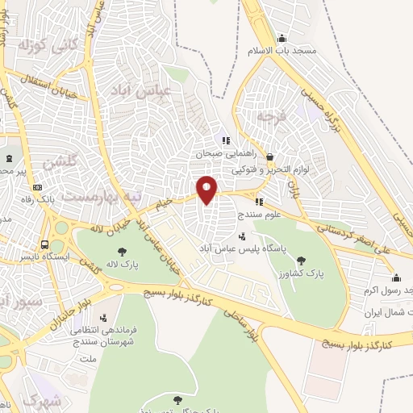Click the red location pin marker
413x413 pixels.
[x=207, y=189]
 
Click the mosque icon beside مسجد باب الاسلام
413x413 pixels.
[x=281, y=37]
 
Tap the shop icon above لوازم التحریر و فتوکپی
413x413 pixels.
[x=269, y=157]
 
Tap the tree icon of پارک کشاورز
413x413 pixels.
[x=302, y=260]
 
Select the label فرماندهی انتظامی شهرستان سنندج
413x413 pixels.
[x=101, y=337]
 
